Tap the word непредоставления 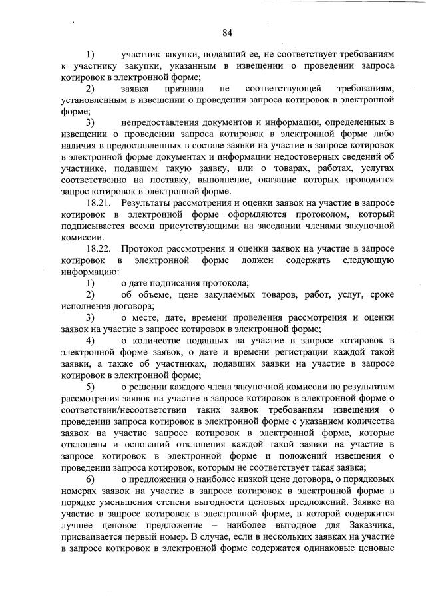coord(166,122)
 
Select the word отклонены coord(85,443)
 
